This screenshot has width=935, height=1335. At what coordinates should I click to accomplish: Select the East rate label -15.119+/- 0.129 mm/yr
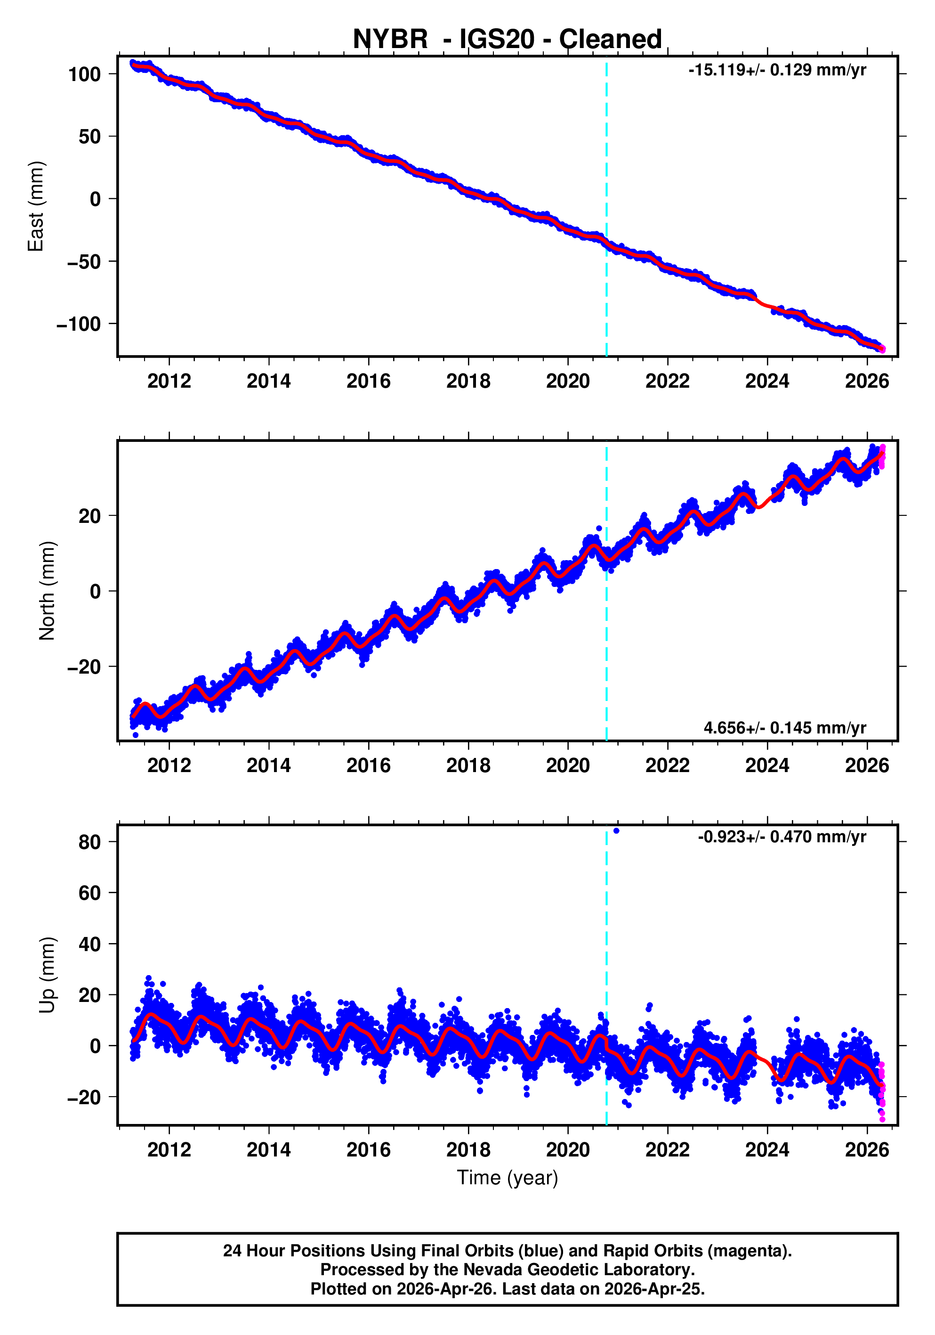point(777,70)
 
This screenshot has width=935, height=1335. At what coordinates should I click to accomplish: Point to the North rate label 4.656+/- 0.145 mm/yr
point(784,727)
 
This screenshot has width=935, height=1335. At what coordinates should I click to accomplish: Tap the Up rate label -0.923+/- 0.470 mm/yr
point(782,837)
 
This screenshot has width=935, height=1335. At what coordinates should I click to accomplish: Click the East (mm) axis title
point(36,206)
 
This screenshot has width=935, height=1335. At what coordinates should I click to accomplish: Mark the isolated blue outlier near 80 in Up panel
point(616,831)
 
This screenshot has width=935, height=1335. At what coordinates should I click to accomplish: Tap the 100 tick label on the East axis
point(84,74)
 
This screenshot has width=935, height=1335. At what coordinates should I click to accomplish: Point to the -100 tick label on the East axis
point(79,325)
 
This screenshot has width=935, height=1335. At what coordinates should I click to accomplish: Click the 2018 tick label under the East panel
point(468,382)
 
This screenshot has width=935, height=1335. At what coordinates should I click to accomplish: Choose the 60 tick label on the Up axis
point(89,893)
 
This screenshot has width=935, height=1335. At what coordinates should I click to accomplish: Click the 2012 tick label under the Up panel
point(169,1149)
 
